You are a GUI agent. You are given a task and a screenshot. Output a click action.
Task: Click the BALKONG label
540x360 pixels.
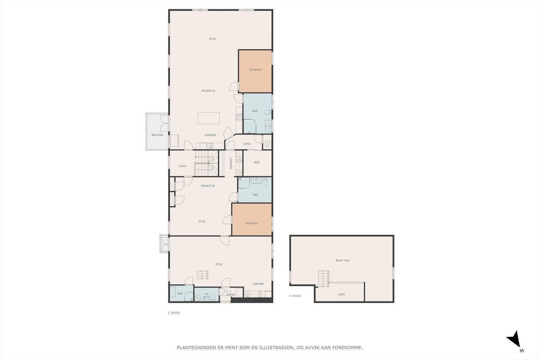(157, 135)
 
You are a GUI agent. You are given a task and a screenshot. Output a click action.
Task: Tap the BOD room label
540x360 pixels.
(257, 163)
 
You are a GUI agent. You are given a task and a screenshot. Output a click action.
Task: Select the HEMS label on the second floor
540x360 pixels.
(341, 295)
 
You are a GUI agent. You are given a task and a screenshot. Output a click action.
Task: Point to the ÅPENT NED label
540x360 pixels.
(342, 261)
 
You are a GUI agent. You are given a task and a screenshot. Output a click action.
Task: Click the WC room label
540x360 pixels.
(206, 294)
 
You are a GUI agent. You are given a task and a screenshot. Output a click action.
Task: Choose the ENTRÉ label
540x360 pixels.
(231, 295)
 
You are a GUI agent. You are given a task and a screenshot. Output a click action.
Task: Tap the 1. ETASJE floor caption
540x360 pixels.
(173, 313)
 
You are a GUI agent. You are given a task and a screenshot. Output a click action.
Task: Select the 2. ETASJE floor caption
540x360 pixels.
(295, 296)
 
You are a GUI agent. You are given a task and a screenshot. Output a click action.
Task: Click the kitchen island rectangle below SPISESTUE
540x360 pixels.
(209, 118)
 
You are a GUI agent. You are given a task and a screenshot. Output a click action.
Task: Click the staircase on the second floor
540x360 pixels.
(323, 279)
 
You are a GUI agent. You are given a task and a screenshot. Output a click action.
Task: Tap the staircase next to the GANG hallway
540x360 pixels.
(206, 163)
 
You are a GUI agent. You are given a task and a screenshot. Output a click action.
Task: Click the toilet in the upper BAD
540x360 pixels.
(267, 112)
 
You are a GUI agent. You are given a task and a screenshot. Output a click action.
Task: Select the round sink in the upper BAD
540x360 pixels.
(268, 127)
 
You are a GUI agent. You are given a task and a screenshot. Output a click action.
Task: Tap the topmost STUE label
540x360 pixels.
(212, 39)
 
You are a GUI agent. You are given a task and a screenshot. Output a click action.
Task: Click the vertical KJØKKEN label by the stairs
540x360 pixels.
(231, 163)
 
